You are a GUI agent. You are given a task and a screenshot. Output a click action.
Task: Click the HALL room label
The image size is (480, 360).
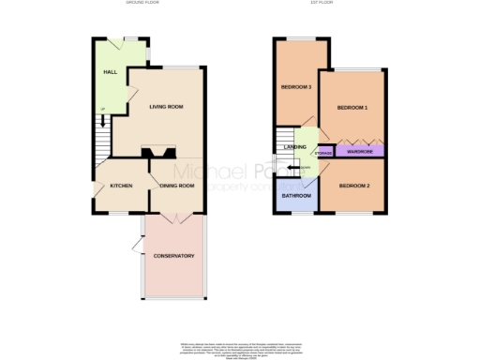click(109, 71)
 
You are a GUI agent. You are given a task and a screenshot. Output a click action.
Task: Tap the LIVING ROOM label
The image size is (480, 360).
click(167, 107)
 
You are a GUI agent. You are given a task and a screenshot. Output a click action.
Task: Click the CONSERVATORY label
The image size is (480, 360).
click(173, 256)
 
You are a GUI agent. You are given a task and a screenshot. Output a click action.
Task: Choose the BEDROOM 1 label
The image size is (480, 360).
click(352, 108)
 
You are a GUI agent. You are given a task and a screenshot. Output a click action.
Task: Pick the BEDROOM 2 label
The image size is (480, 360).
click(354, 186)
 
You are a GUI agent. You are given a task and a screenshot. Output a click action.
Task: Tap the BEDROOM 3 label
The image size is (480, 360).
click(296, 88)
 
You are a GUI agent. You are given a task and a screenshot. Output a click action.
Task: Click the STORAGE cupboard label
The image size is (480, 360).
click(323, 152)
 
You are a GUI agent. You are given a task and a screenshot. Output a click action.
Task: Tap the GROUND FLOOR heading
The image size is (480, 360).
click(143, 4)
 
